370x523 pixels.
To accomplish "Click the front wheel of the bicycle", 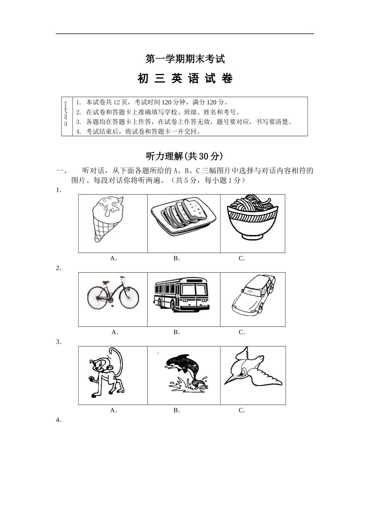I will coord(129,298).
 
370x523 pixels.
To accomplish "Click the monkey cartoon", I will coord(106,374).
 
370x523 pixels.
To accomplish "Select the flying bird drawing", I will coord(251,368).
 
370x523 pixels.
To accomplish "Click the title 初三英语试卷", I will coord(185,79).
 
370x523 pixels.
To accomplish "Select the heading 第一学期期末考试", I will coord(185,60).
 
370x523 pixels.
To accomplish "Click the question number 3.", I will coord(58,342).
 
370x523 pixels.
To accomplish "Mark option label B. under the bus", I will coord(176,332).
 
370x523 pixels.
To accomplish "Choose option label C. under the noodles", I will coord(241,258).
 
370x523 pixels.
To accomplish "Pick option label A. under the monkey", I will coord(113,410).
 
